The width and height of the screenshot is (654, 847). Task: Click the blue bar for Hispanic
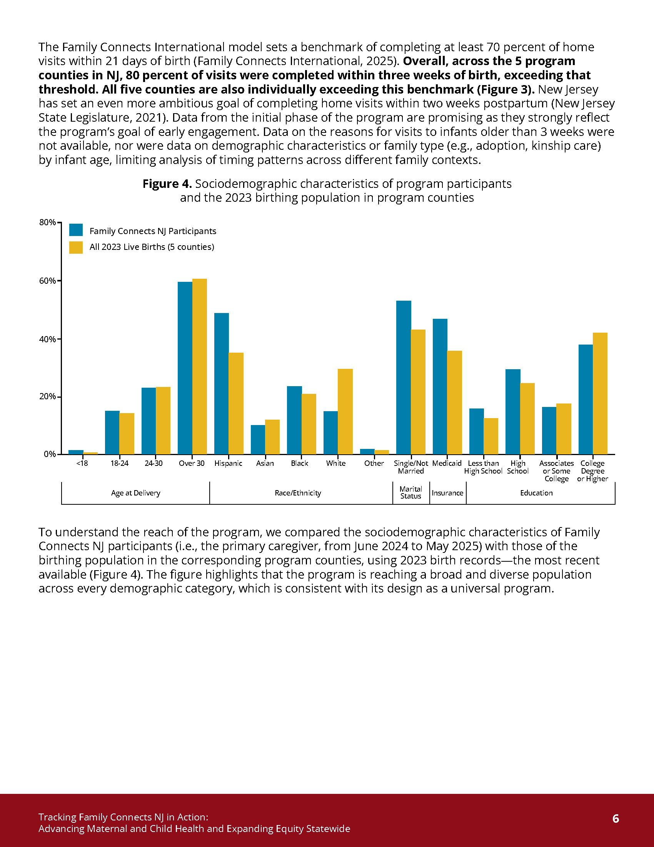coord(221,383)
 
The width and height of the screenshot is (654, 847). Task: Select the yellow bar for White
coord(345,412)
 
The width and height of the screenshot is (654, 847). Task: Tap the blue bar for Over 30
coord(185,368)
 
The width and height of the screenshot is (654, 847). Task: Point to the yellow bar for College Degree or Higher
coord(600,393)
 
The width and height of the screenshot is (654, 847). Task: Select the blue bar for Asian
coord(258,440)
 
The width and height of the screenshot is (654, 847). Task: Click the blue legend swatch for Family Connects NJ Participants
coord(76,230)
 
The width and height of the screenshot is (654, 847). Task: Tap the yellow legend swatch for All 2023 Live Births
coord(76,248)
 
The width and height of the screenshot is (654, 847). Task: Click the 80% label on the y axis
coord(47,222)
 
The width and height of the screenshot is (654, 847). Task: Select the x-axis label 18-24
coord(119,464)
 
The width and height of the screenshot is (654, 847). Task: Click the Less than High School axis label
coord(483,467)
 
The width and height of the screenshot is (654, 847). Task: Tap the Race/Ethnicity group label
coord(298,493)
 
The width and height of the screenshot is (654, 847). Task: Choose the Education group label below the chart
coord(536,493)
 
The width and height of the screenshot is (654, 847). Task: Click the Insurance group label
coord(447,493)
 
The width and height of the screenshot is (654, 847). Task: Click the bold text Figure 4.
coord(167,184)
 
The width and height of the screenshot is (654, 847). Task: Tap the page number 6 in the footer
coord(616,819)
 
